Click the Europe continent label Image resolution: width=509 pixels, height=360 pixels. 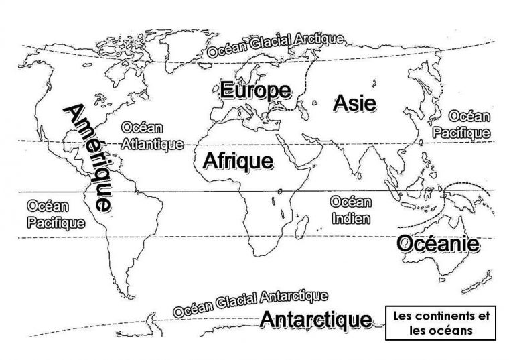(256, 91)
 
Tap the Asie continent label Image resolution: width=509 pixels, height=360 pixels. (354, 102)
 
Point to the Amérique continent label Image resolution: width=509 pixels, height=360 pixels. (86, 158)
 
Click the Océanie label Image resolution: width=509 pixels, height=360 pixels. (438, 244)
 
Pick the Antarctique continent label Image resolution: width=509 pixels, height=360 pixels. (315, 319)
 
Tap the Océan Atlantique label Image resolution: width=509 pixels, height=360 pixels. (143, 135)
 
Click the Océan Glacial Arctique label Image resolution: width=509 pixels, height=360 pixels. (276, 45)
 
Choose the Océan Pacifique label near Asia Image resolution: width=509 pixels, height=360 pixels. (461, 125)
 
